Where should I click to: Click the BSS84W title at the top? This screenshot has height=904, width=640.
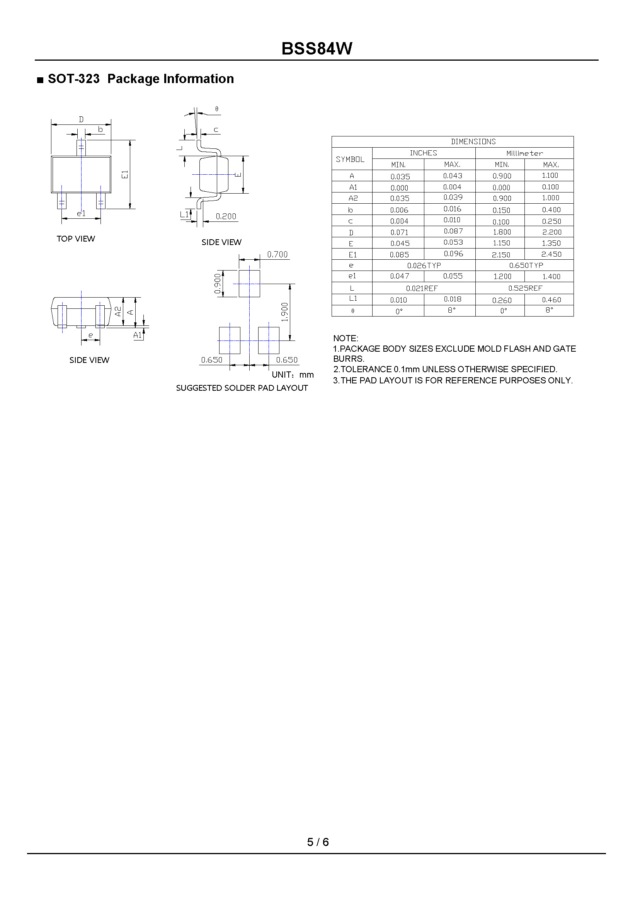point(317,49)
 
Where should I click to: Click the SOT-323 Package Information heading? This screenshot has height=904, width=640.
point(140,79)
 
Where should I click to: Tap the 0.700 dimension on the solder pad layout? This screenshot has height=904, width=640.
point(277,255)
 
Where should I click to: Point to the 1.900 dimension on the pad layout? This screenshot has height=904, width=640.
point(285,312)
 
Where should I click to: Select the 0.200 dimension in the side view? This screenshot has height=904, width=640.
point(226,216)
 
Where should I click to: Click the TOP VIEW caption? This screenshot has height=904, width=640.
point(76,239)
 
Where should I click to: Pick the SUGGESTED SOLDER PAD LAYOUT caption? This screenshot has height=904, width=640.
point(242,388)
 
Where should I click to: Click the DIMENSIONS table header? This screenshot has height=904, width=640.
point(473,141)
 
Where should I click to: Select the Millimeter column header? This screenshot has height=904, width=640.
point(524,153)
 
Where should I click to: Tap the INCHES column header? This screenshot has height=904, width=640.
point(423,153)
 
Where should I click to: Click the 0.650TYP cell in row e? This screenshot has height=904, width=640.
point(526,266)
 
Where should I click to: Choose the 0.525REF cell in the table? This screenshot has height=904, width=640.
point(525,288)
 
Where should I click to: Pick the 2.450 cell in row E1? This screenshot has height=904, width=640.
point(551,255)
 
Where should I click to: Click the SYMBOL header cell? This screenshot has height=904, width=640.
point(350,159)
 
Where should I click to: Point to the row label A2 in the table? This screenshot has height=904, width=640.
point(353,198)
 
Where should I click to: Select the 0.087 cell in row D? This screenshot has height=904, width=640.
point(453,232)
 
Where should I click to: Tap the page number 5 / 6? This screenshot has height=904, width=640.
point(318,842)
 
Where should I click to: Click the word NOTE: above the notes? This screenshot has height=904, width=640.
point(346,338)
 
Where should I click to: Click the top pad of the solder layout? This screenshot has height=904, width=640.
point(249,284)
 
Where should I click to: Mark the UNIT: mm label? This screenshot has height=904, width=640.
point(293,375)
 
